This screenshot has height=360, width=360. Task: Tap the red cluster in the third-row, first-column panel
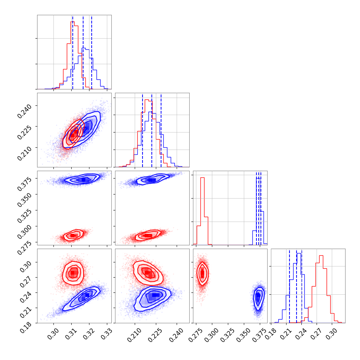coord(73,235)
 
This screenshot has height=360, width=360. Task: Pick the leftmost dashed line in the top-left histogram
coord(73,52)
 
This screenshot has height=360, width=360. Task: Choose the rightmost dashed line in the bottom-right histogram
coord(302,286)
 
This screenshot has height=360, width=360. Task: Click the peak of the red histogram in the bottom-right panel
coord(321,256)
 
